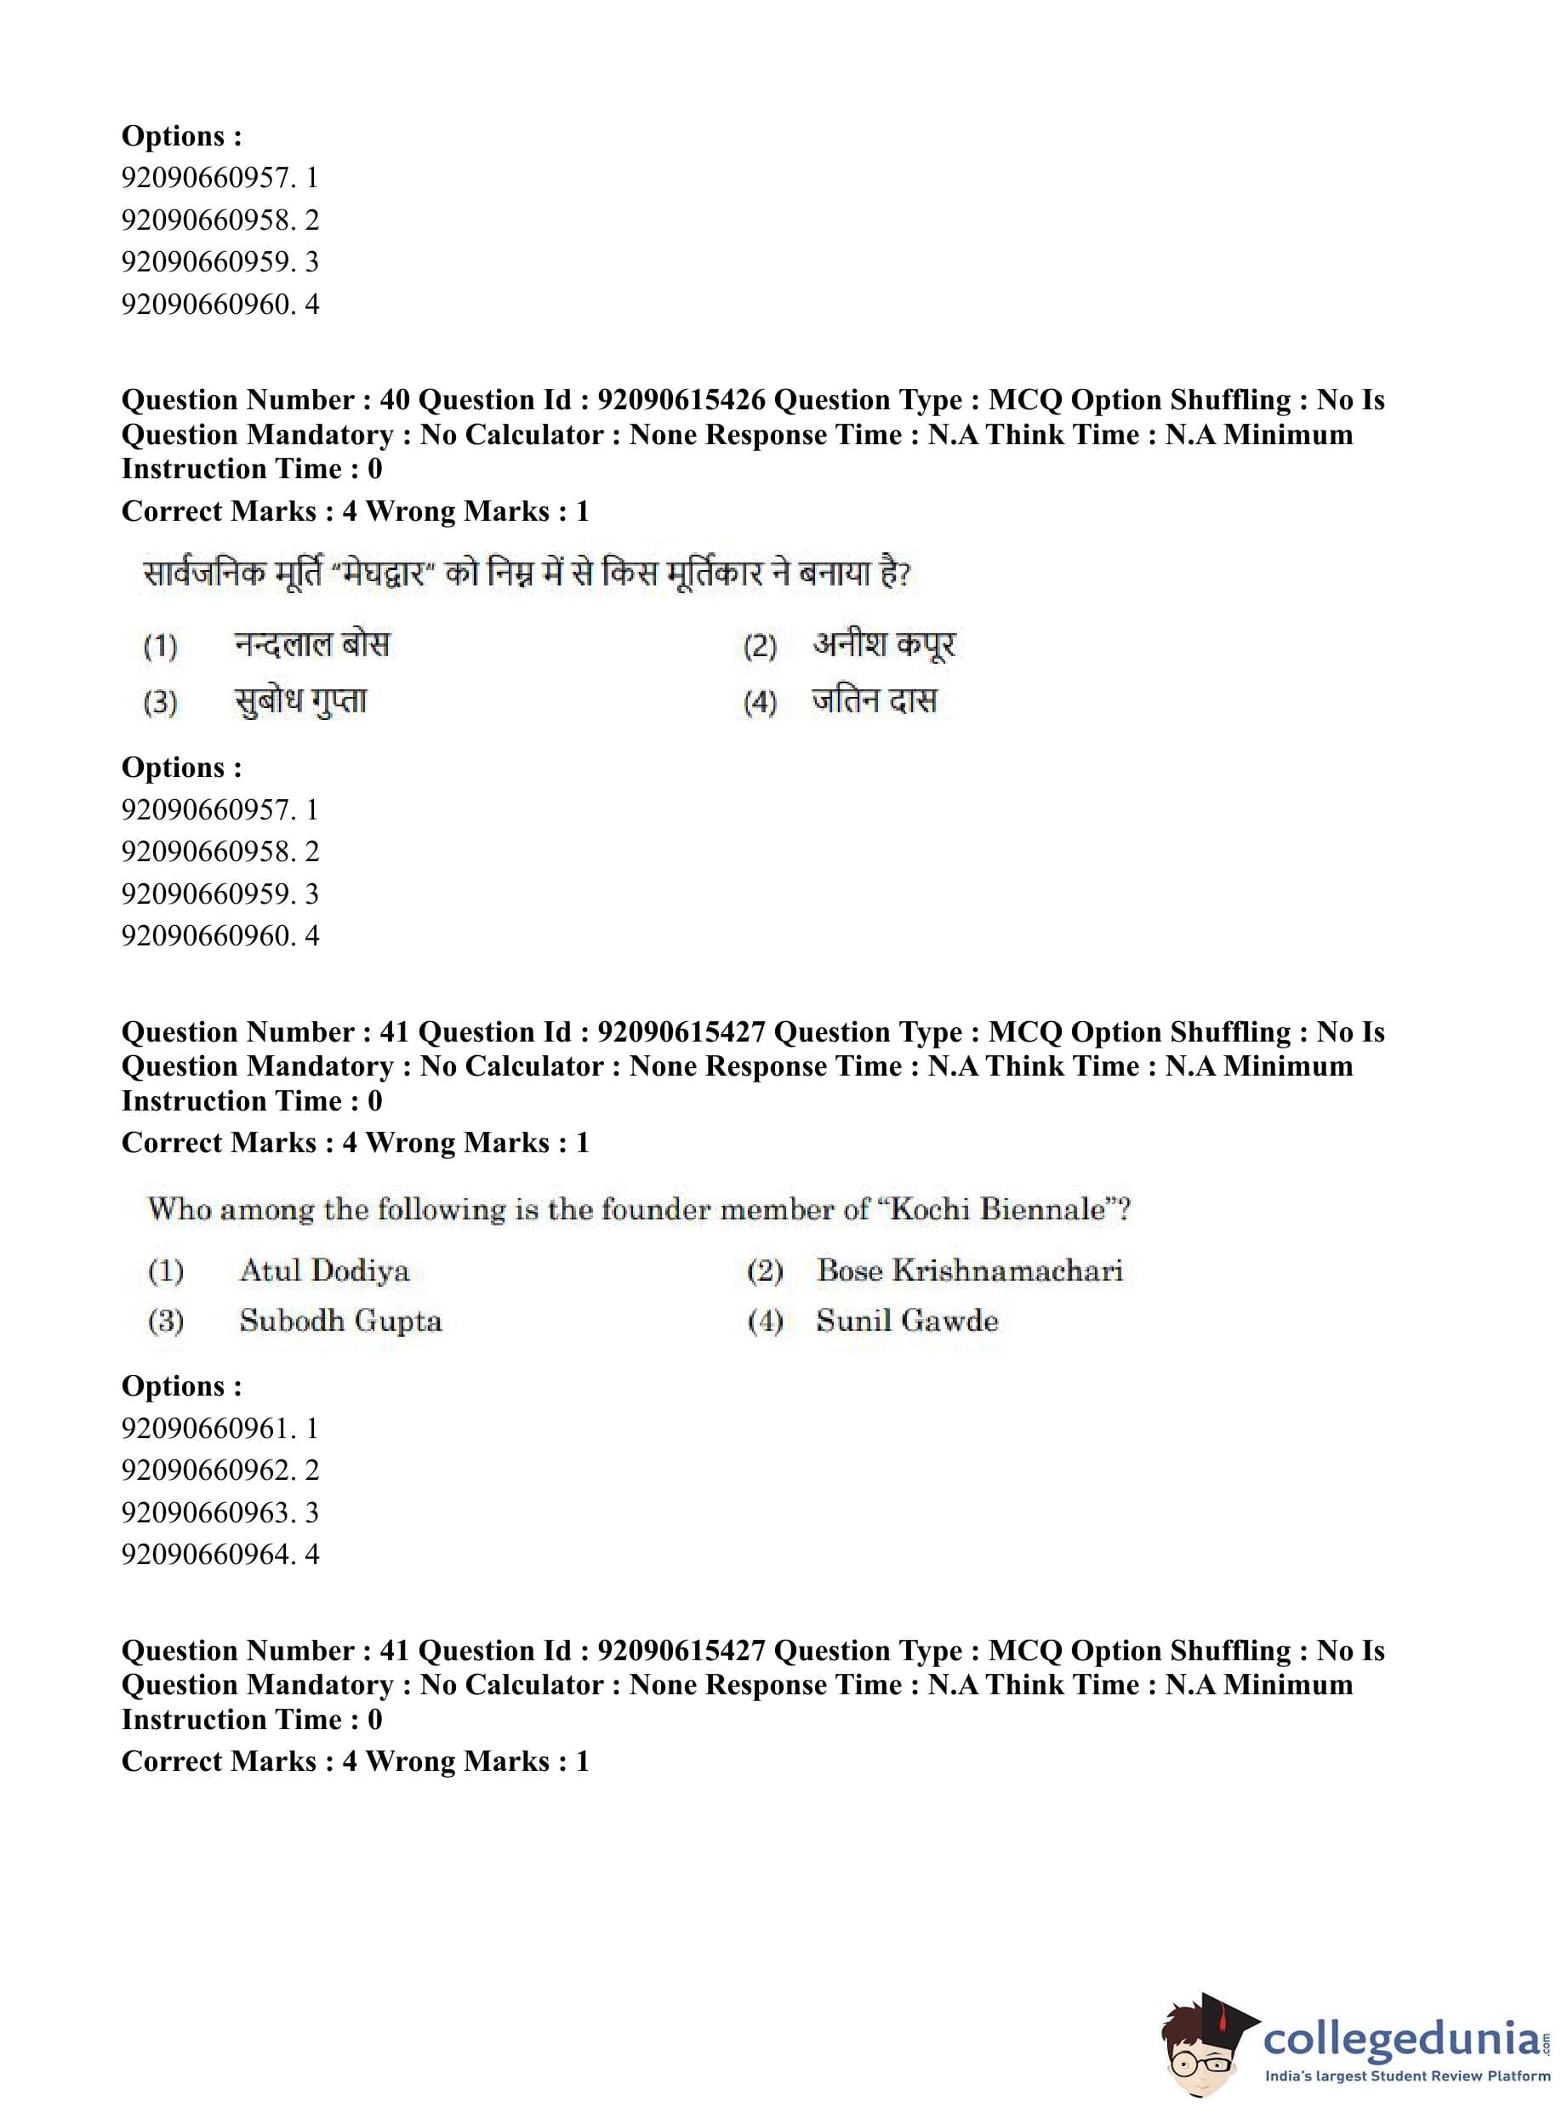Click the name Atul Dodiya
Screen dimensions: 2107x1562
[x=324, y=1270]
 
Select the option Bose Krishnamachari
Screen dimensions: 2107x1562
[x=969, y=1270]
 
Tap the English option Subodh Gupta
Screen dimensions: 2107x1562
[x=340, y=1320]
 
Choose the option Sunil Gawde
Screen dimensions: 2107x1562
[x=907, y=1320]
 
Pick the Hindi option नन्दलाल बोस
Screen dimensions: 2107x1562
[x=311, y=645]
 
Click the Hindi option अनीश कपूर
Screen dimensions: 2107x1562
[x=883, y=645]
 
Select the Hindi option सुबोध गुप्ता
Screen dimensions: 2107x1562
[x=299, y=700]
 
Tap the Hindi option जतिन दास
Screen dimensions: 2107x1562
[x=874, y=700]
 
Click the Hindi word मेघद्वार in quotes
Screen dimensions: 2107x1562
[x=383, y=574]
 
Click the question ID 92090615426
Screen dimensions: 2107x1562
[x=681, y=400]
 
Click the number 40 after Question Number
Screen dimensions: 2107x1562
[x=394, y=400]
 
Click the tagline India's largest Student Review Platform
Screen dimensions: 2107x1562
[x=1407, y=2076]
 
